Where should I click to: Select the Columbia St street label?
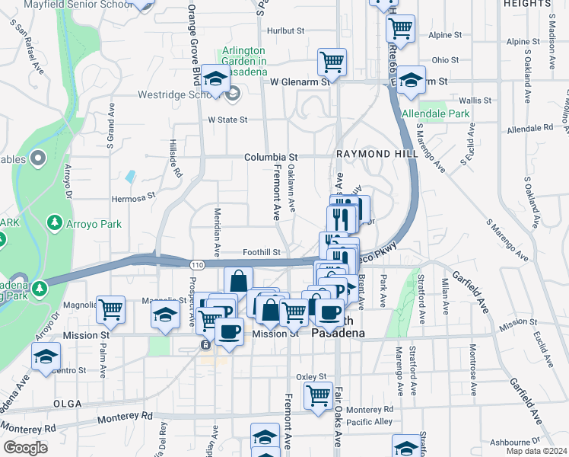coord(269,158)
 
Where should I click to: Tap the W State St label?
coord(228,120)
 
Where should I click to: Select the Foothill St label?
coord(262,252)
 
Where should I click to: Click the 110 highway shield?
coord(197,264)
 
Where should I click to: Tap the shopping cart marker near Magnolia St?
coord(111,308)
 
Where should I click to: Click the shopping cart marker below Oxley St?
coord(318,395)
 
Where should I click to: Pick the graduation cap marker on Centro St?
coord(46,356)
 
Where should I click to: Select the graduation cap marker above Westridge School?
coord(216,79)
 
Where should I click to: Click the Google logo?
coord(25,448)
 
